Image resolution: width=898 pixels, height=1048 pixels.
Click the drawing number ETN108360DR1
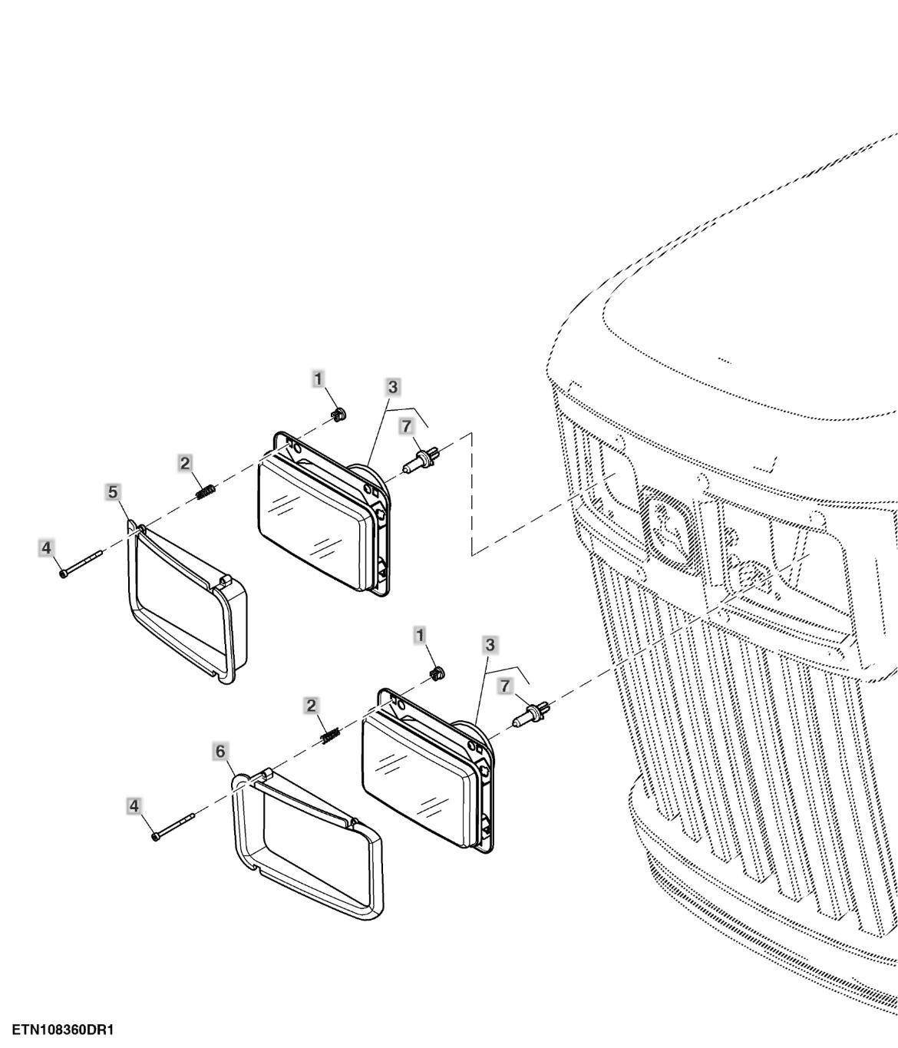[63, 1030]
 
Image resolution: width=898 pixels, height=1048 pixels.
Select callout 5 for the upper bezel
[113, 492]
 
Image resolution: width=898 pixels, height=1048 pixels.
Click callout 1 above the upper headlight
[318, 379]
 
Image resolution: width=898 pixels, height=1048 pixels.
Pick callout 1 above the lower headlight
[420, 635]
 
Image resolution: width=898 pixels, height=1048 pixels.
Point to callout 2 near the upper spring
[185, 463]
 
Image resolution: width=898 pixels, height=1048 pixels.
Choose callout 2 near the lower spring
[311, 706]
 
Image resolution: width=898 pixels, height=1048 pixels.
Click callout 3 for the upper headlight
[393, 387]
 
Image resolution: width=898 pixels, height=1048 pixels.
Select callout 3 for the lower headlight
[490, 645]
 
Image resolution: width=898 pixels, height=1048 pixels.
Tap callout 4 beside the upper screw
[46, 547]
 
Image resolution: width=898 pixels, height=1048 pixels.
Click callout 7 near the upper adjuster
[407, 426]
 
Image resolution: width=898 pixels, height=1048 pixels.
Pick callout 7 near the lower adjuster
[505, 686]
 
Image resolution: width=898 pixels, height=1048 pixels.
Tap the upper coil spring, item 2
[206, 492]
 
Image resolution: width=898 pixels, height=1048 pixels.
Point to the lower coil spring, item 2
[332, 736]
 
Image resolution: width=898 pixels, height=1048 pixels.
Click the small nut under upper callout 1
[338, 415]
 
